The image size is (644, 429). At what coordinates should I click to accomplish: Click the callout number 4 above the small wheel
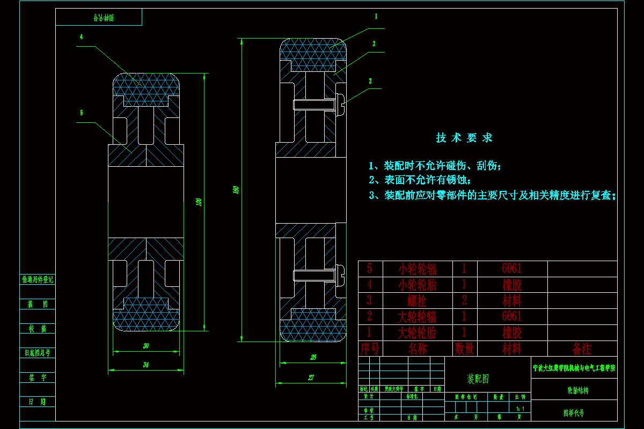tap(81, 37)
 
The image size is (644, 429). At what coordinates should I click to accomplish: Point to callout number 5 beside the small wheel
tap(81, 113)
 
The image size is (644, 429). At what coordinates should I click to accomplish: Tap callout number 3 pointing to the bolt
tap(370, 81)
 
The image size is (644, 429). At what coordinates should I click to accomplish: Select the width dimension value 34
tap(146, 365)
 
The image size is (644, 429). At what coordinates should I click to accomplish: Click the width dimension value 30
tap(146, 346)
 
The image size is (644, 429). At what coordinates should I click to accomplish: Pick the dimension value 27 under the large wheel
tap(311, 378)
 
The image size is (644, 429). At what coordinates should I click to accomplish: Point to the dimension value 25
tap(313, 357)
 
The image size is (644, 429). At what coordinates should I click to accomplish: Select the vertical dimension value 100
tap(199, 202)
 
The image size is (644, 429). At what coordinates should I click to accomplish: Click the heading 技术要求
tap(464, 138)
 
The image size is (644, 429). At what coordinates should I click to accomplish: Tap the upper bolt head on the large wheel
tap(340, 103)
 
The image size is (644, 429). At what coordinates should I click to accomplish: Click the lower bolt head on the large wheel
tap(340, 276)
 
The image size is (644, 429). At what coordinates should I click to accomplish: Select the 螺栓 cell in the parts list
tap(417, 300)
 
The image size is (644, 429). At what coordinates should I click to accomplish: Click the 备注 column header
tap(582, 349)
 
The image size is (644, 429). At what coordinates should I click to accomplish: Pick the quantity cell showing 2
tap(465, 300)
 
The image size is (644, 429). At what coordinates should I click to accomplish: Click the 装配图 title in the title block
tap(478, 380)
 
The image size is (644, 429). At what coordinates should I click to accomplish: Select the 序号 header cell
tap(370, 349)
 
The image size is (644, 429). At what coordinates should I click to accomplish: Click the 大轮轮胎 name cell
tap(417, 332)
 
